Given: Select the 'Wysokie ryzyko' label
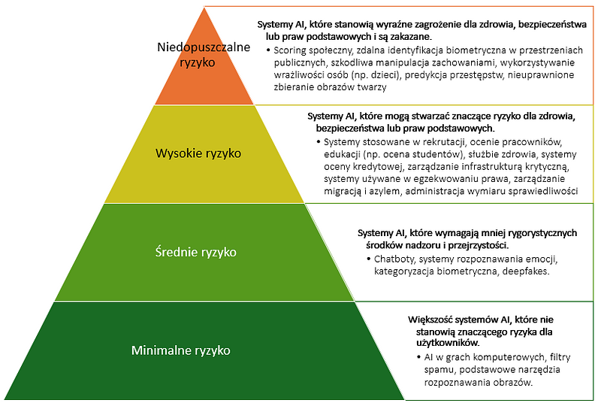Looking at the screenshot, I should [x=198, y=153].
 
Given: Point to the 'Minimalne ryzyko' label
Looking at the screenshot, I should [x=181, y=350].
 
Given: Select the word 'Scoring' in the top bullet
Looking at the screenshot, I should [x=293, y=50].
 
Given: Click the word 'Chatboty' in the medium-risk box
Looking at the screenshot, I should [x=396, y=259].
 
